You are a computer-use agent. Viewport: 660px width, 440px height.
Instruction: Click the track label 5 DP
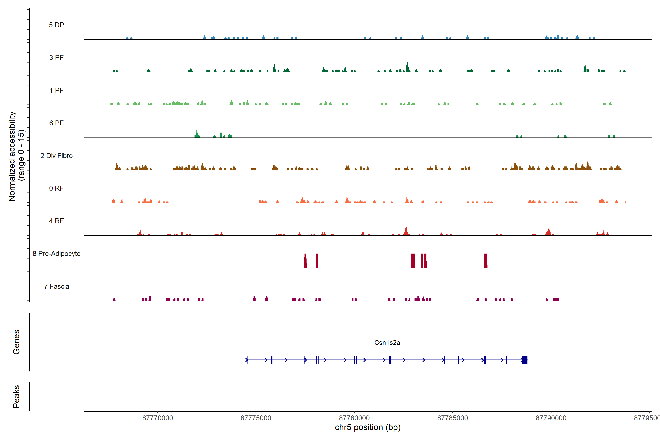(56, 25)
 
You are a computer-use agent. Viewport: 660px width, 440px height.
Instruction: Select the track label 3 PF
(56, 58)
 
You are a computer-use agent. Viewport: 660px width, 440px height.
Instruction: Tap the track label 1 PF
(56, 90)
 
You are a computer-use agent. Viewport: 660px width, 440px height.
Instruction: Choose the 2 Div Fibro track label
(56, 156)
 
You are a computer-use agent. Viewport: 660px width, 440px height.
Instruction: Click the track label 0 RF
(56, 188)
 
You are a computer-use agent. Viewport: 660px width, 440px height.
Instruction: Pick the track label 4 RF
(56, 221)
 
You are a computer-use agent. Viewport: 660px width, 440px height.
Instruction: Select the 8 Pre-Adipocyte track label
(56, 254)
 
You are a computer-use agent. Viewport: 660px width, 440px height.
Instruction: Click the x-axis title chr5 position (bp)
(368, 427)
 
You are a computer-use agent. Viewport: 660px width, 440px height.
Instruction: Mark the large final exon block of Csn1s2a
(525, 360)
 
